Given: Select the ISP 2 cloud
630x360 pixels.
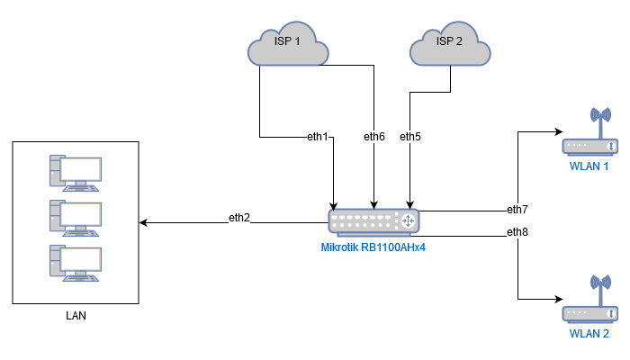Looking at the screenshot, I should click(449, 43).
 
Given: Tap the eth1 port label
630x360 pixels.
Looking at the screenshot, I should click(318, 137).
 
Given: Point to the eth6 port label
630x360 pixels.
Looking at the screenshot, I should click(374, 137).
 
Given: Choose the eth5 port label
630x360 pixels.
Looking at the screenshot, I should click(410, 137).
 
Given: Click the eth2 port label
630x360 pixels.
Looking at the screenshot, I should click(238, 218).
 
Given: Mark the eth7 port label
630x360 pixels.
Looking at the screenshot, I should click(517, 210).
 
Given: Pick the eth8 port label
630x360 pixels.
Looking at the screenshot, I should click(517, 232).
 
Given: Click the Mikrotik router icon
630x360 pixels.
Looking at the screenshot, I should click(374, 220).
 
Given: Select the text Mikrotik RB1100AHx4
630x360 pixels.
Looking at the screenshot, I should click(373, 246).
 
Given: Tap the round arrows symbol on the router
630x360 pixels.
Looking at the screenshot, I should click(408, 220).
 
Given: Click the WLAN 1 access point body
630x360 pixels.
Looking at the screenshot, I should click(590, 146).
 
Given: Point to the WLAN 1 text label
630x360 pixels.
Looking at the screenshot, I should click(589, 166).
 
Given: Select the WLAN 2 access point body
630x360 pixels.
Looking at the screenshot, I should click(590, 313).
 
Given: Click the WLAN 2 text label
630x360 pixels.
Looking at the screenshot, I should click(589, 334).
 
